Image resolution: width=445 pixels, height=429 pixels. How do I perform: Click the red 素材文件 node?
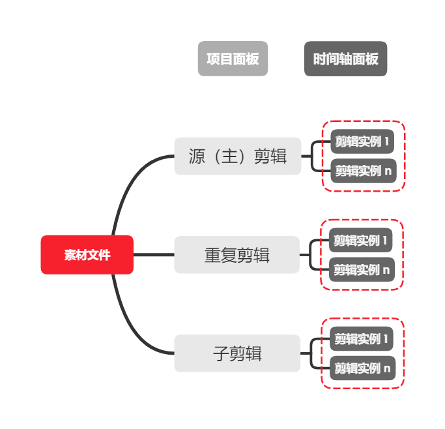point(87,255)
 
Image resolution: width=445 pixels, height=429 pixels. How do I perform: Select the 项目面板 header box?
point(233,59)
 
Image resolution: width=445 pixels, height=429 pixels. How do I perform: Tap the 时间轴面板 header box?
point(345,59)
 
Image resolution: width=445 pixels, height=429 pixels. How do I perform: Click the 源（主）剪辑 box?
point(237,156)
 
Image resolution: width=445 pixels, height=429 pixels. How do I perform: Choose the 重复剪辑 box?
point(237,255)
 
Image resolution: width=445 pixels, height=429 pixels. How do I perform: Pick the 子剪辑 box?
point(237,353)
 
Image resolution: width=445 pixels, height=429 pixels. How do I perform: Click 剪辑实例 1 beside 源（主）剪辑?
point(362,141)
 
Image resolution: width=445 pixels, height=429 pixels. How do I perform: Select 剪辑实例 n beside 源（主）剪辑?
point(362,171)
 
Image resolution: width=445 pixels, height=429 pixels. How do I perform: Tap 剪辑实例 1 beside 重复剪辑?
point(362,240)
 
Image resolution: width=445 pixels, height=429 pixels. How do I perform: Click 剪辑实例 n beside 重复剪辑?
point(362,269)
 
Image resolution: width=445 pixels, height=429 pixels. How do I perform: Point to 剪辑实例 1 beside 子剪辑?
point(362,339)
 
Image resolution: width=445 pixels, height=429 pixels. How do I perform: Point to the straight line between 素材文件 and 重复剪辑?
point(154,255)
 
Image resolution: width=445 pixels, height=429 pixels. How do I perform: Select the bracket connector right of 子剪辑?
point(311,353)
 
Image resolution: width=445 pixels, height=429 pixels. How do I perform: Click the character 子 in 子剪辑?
point(221,354)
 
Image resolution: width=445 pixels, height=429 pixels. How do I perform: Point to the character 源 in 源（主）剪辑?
point(197,157)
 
